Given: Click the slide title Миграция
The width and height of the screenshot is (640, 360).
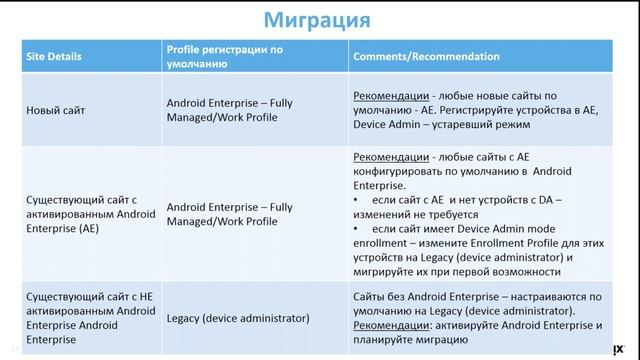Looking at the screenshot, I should click(x=319, y=20).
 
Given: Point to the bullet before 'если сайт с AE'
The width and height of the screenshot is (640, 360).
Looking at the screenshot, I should click(x=358, y=201).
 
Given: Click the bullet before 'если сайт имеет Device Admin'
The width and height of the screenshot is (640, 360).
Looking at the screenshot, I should click(x=358, y=229).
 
